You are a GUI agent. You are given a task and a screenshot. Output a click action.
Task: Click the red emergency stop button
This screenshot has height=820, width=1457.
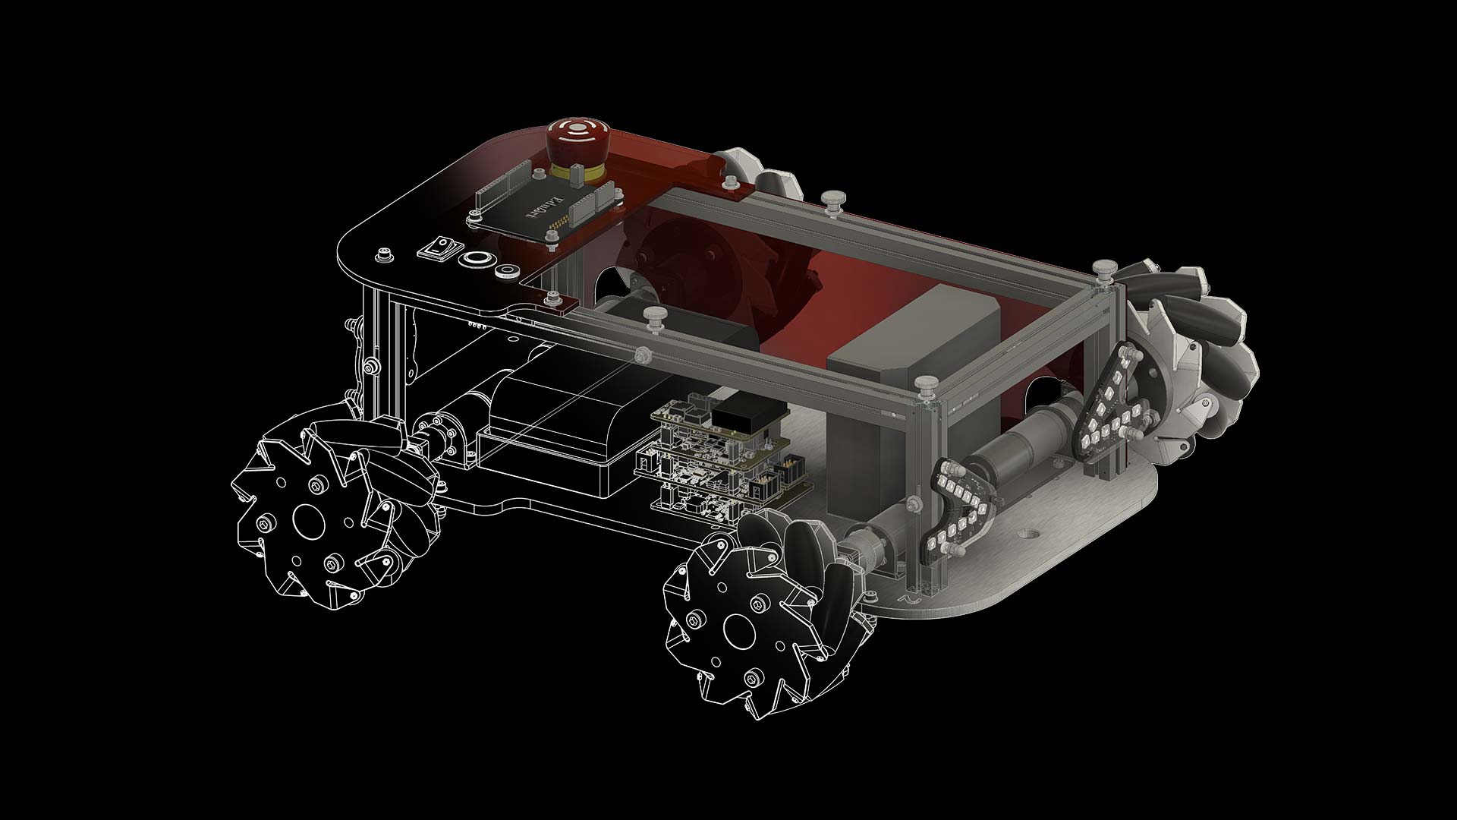pyautogui.click(x=574, y=137)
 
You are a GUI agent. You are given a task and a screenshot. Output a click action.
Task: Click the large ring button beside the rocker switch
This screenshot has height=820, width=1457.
pyautogui.click(x=476, y=259)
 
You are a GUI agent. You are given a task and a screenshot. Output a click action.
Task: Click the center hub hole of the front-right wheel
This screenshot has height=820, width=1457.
pyautogui.click(x=736, y=627)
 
